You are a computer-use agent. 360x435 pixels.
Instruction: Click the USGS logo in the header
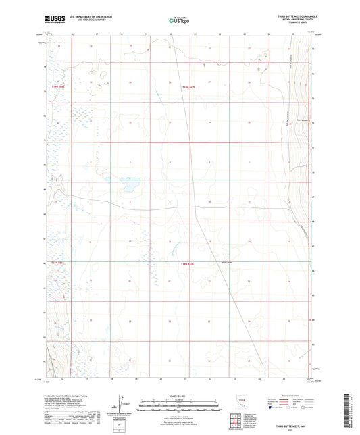[x=51, y=19]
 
